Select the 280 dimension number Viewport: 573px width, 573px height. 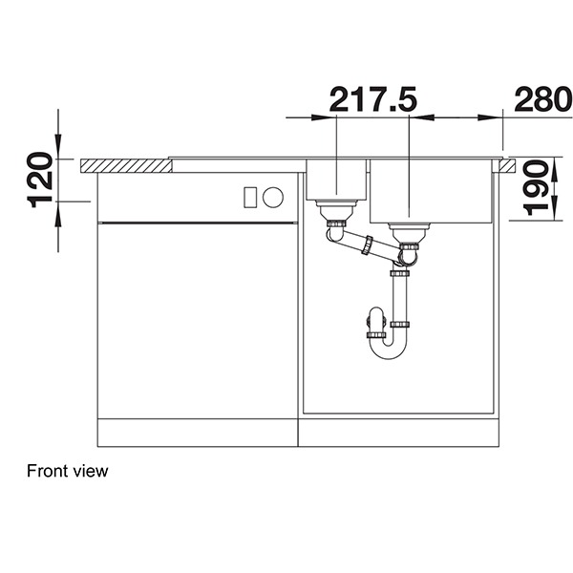pyautogui.click(x=541, y=98)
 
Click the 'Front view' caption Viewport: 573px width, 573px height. pyautogui.click(x=68, y=471)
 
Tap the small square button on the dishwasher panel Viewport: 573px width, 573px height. pyautogui.click(x=250, y=198)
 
